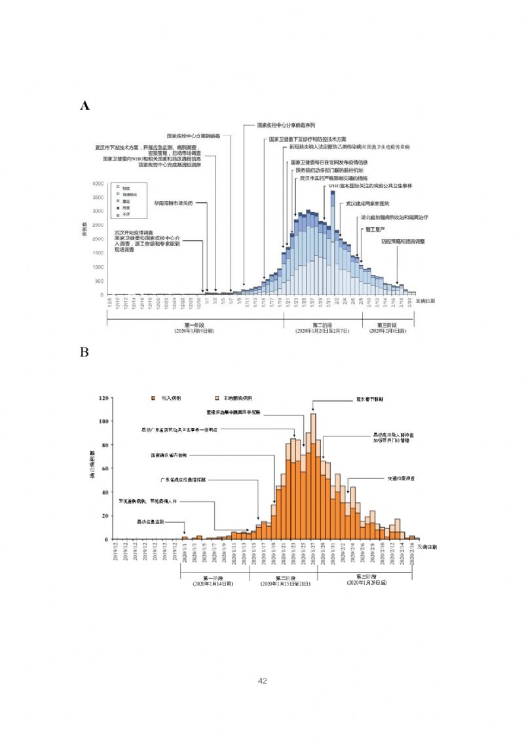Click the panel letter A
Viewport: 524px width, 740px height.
84,106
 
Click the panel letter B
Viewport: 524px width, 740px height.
84,352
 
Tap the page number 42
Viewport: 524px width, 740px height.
263,681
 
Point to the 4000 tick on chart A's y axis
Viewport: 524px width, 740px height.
98,184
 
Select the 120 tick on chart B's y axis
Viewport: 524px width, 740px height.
103,398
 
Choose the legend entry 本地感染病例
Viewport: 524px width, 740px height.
239,398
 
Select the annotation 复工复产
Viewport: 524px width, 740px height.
374,229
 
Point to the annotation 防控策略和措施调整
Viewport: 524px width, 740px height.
403,241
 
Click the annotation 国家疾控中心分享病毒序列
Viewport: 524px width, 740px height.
286,124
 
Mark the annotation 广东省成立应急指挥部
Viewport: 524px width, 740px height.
178,480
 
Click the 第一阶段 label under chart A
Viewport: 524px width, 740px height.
194,325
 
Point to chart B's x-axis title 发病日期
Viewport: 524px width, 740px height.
426,546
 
